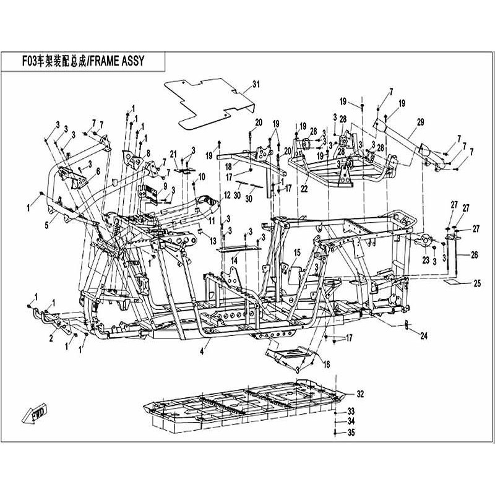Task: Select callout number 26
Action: pos(475,254)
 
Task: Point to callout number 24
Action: pos(424,337)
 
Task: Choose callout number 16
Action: pos(326,363)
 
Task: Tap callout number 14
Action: pos(235,261)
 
